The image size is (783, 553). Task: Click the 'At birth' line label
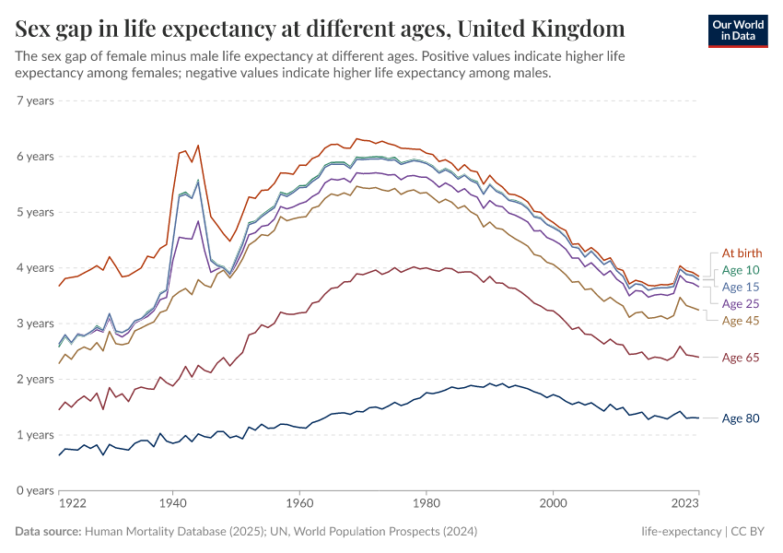742,253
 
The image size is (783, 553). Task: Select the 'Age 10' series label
742,270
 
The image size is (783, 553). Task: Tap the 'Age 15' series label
742,287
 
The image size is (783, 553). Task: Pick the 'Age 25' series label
742,303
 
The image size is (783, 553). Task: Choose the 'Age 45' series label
742,321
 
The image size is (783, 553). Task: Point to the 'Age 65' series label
742,358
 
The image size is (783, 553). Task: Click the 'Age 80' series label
742,418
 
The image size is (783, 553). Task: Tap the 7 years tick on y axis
35,100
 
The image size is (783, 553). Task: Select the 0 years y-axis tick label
35,490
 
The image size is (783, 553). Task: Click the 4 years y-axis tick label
35,268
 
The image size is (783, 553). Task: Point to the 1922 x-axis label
73,504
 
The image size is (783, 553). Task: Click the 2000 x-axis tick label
553,504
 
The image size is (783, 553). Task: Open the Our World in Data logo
738,30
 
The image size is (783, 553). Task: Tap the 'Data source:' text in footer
48,532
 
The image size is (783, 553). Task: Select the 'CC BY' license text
749,532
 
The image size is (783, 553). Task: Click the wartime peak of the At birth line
197,146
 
